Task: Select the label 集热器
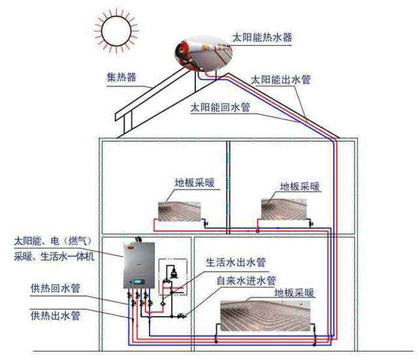tap(121, 78)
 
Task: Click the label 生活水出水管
tap(236, 263)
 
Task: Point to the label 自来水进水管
tap(246, 280)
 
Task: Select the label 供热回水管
tap(56, 289)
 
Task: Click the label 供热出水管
tap(56, 316)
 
